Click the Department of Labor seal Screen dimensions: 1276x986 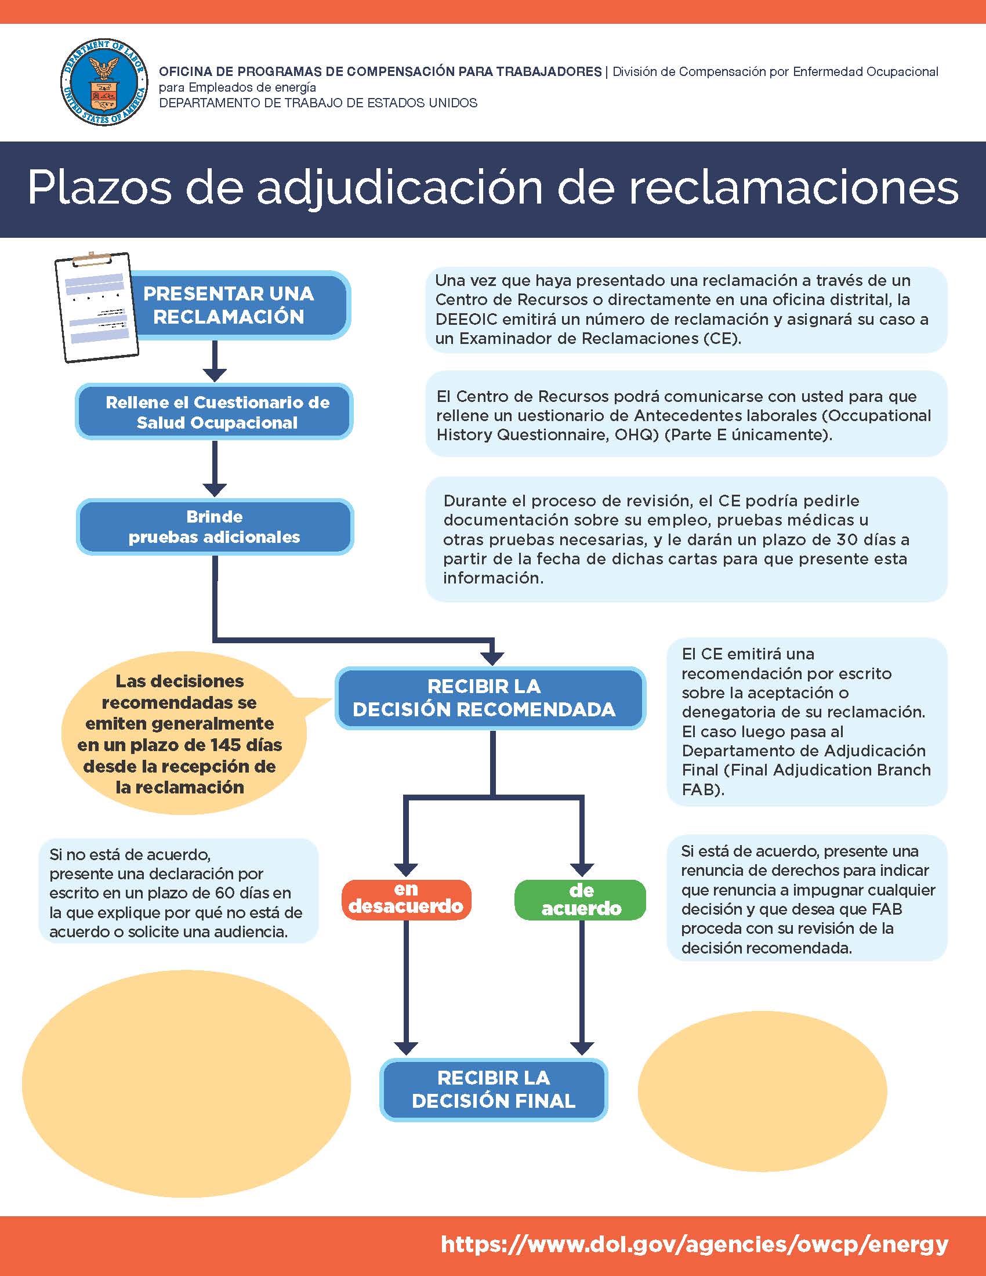click(x=103, y=82)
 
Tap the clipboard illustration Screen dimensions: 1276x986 click(x=96, y=307)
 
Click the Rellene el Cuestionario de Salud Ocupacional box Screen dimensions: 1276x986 click(x=215, y=412)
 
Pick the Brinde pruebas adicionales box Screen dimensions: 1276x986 click(x=215, y=527)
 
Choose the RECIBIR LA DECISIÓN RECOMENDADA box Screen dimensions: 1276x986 click(x=490, y=698)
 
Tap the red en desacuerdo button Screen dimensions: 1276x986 click(x=406, y=899)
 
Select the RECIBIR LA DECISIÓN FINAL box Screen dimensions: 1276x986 click(x=494, y=1090)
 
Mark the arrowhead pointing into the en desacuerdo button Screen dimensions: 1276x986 click(x=406, y=869)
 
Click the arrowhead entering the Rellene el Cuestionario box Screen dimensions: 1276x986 click(x=215, y=374)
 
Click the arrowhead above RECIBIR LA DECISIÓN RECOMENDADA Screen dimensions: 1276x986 click(x=494, y=657)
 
